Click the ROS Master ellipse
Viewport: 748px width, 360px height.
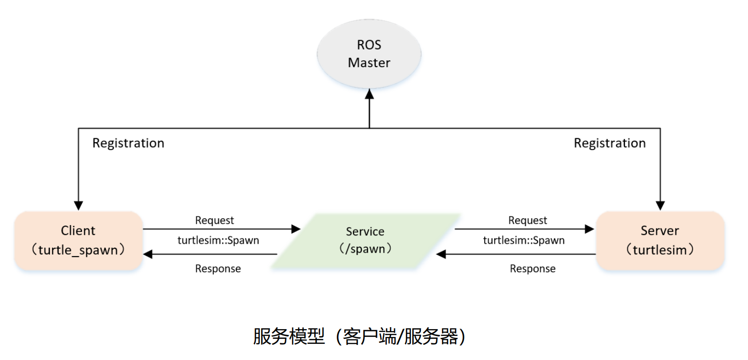[369, 54]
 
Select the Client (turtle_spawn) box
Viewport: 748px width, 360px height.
[78, 240]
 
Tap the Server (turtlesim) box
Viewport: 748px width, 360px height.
[660, 240]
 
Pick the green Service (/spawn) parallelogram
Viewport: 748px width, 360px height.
[366, 240]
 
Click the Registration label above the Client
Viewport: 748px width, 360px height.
[128, 143]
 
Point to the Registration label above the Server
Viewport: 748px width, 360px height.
[610, 143]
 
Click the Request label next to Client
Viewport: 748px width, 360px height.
[215, 220]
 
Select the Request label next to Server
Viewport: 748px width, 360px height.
[528, 220]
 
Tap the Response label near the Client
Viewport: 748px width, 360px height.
[218, 269]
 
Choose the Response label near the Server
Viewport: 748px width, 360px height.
[533, 269]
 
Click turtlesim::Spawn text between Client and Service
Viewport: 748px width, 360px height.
[218, 240]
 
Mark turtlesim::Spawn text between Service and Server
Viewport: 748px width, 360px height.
[524, 240]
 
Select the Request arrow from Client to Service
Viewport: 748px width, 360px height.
[221, 229]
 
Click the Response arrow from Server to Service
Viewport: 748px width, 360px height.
[515, 254]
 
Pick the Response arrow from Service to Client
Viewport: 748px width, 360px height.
[211, 254]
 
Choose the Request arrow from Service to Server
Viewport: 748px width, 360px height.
[524, 229]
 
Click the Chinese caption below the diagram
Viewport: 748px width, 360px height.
[359, 337]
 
